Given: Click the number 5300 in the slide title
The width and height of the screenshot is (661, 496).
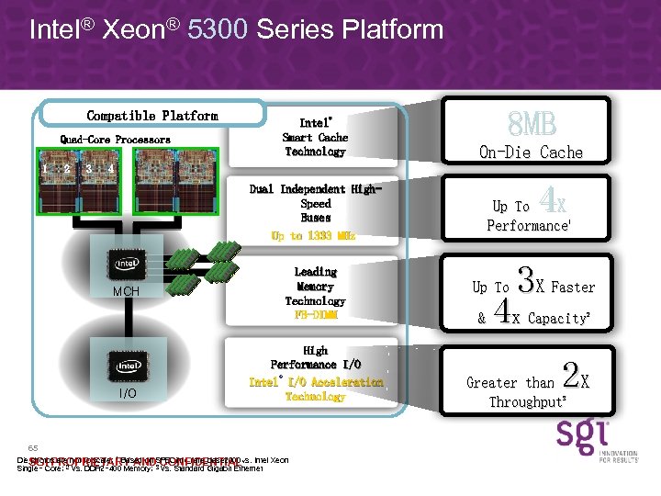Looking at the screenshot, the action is (218, 29).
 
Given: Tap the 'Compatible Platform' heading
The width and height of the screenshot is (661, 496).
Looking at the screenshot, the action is (152, 116).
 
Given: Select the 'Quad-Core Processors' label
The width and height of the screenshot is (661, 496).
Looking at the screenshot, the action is (116, 140).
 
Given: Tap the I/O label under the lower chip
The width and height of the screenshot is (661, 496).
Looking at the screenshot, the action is (127, 393).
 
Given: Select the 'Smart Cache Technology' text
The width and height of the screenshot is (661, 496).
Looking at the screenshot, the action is (315, 144).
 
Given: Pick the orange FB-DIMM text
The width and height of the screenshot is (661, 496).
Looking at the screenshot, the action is (316, 315).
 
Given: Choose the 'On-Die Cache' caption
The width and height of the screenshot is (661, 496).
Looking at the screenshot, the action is (532, 152).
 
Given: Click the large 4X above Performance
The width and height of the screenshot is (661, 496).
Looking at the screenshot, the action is (553, 200).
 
